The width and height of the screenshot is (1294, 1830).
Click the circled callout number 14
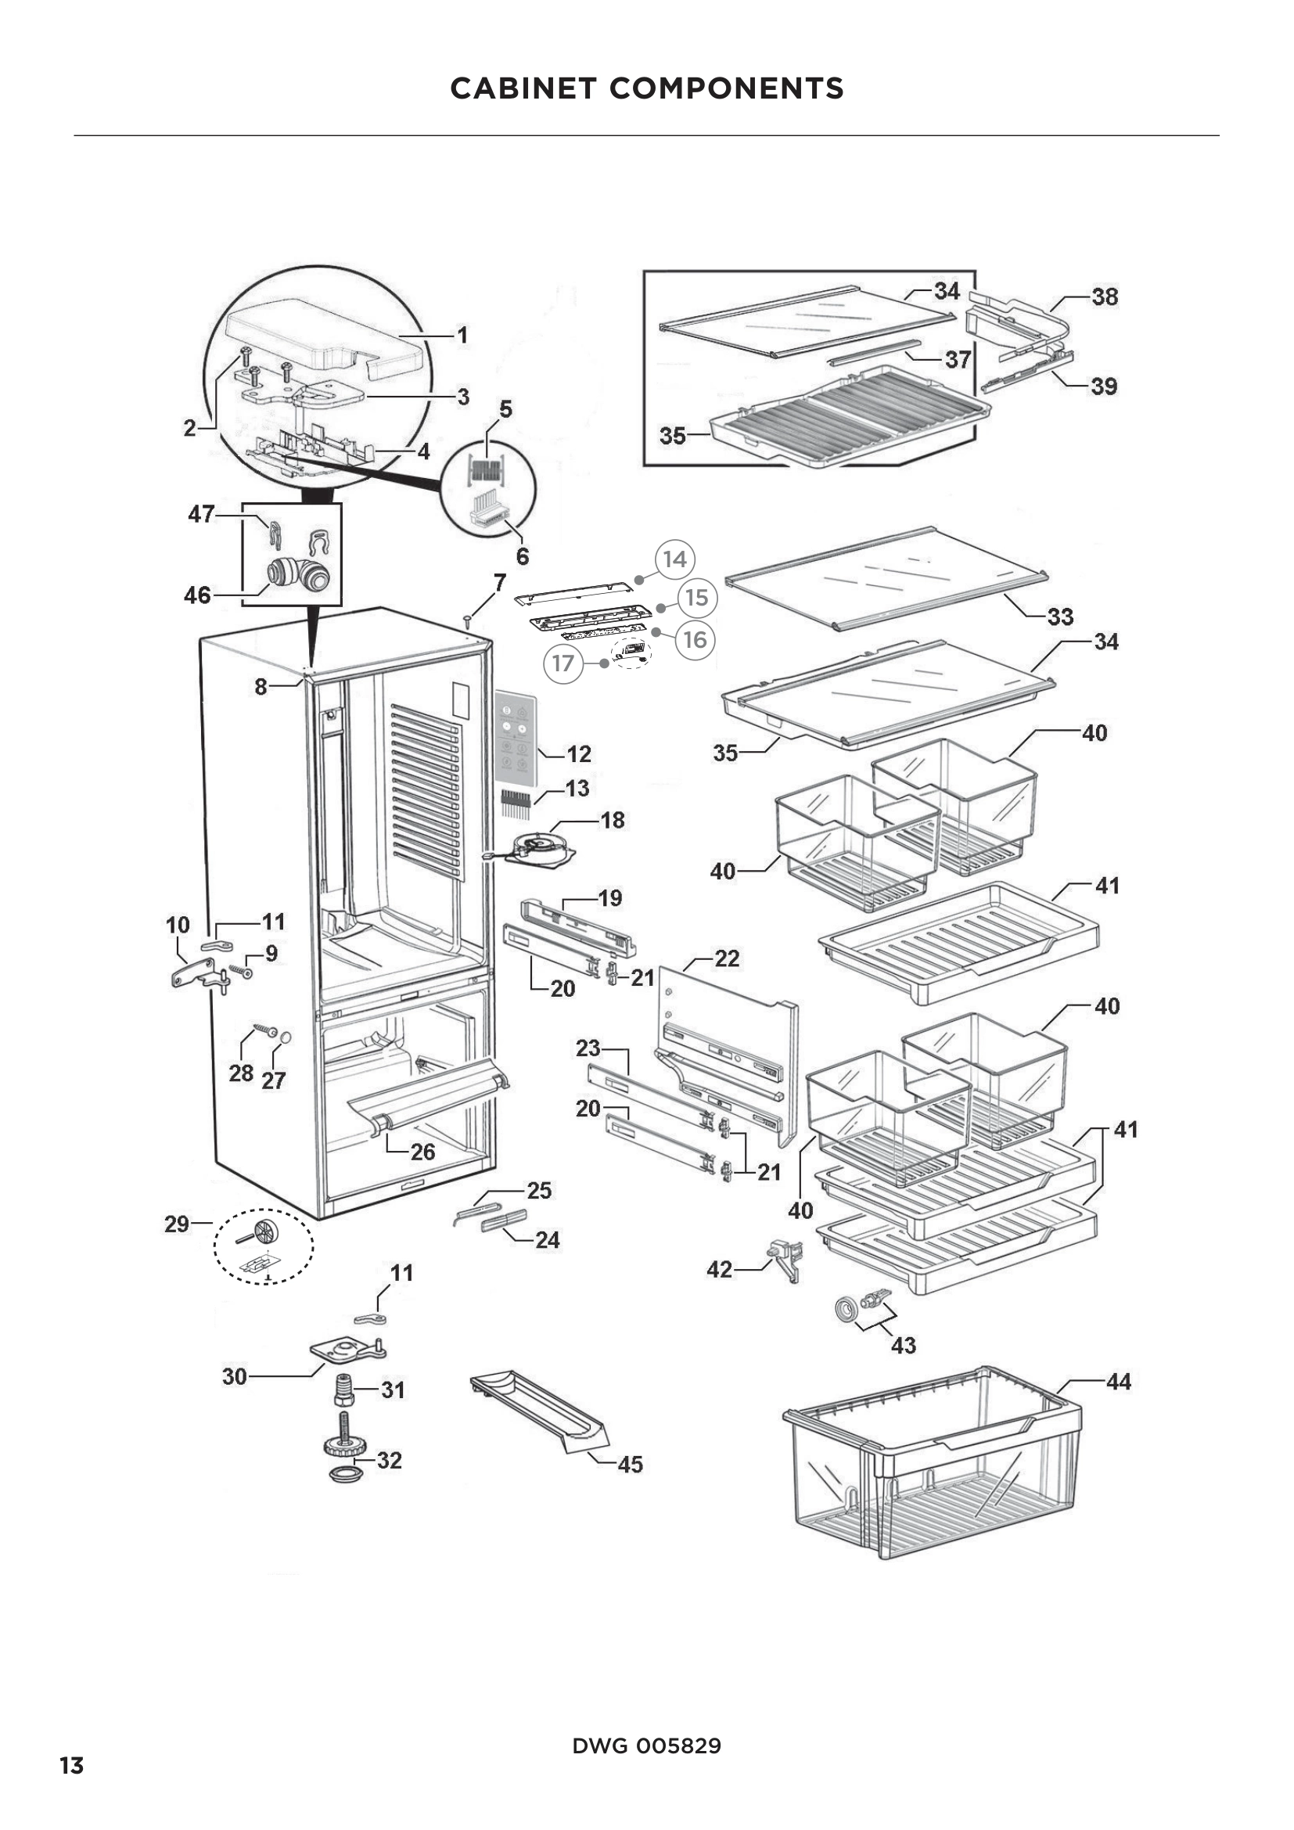674,559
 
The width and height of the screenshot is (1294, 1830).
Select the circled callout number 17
563,663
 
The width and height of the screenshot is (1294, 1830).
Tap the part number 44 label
1118,1381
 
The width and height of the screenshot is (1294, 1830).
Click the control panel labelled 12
516,735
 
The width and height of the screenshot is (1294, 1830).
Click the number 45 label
630,1464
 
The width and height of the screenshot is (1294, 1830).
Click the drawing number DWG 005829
646,1746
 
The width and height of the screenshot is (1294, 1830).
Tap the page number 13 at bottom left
72,1765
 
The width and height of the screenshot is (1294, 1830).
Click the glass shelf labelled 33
885,578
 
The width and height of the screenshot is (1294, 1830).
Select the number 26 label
422,1152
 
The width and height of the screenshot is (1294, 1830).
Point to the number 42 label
719,1269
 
